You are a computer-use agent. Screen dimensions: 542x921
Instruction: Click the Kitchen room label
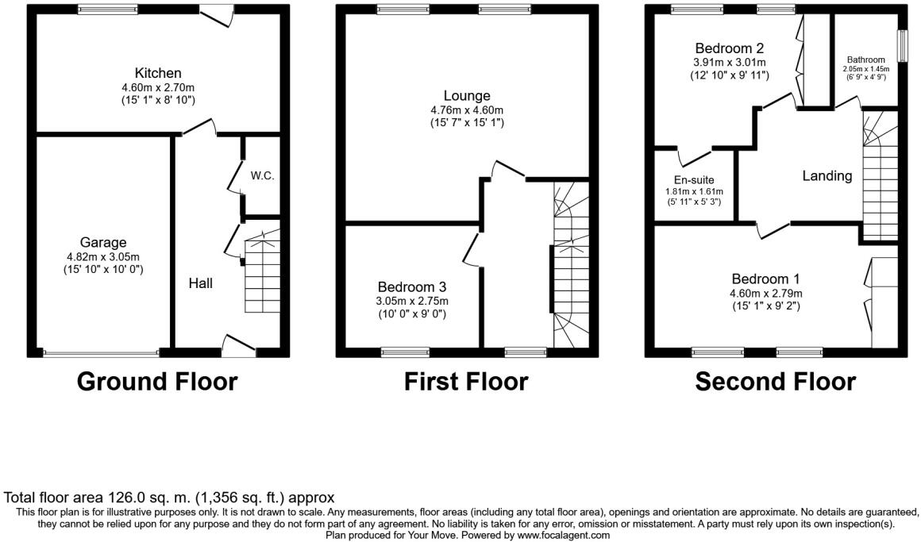[x=158, y=73]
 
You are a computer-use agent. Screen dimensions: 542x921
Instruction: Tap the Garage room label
[x=103, y=242]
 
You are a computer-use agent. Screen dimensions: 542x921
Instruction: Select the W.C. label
[x=263, y=175]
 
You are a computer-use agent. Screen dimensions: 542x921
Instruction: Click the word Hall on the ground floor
[x=201, y=283]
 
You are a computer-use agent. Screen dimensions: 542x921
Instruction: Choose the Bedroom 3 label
[x=413, y=286]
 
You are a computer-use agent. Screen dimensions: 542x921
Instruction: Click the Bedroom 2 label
[x=729, y=48]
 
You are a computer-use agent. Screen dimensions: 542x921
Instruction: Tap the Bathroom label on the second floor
[x=865, y=60]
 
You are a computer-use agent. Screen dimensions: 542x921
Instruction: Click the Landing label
[x=827, y=176]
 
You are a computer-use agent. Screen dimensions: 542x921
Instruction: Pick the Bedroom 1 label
[x=765, y=279]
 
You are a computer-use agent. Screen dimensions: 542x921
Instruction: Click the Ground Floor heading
[x=157, y=382]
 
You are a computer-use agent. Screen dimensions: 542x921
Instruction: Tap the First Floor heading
[x=465, y=382]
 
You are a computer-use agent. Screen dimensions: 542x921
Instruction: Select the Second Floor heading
[x=775, y=382]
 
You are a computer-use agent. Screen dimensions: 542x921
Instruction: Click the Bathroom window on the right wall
[x=903, y=46]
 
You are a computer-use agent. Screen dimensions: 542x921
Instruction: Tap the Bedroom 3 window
[x=405, y=349]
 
